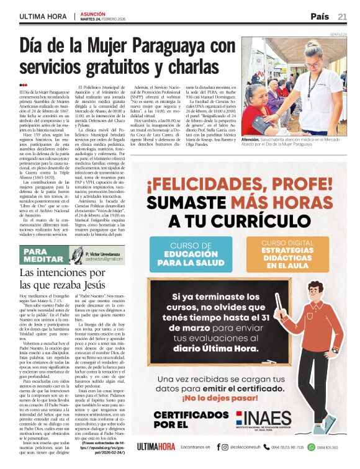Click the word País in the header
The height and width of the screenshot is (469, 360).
click(x=320, y=16)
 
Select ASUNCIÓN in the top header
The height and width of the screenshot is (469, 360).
click(x=94, y=12)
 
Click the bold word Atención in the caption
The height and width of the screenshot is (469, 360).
click(x=251, y=141)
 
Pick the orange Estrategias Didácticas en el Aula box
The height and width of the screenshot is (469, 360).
click(x=286, y=254)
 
